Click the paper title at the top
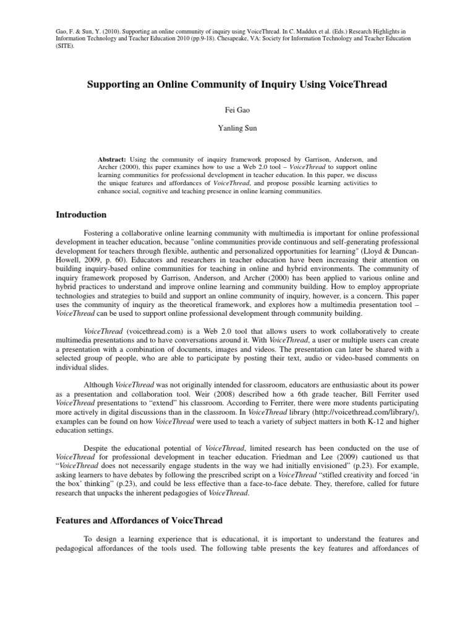pyautogui.click(x=237, y=84)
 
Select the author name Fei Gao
pyautogui.click(x=237, y=110)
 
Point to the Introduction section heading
pyautogui.click(x=82, y=215)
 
